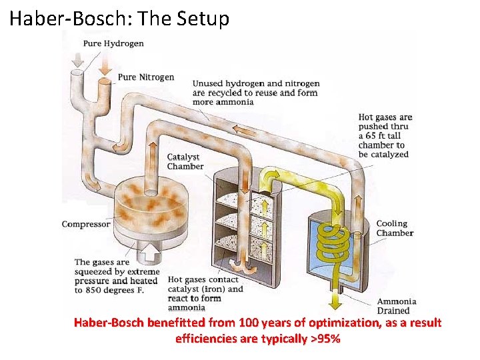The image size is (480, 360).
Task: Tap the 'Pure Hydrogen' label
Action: pos(113,44)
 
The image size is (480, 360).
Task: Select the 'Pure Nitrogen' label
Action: pos(146,77)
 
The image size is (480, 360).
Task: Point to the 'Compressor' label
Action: pos(86,224)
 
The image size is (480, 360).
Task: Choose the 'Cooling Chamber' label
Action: pos(395,228)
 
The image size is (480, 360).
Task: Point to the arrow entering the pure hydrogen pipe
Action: pos(77,59)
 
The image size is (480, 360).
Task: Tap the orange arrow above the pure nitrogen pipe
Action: pos(104,65)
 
